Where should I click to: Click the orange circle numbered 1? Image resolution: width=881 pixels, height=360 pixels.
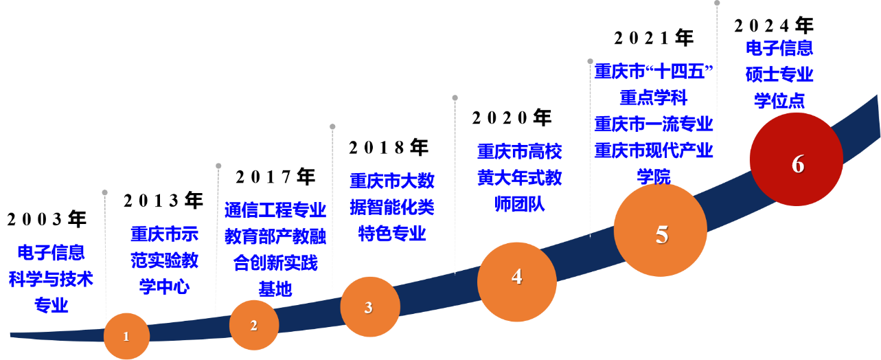point(126,336)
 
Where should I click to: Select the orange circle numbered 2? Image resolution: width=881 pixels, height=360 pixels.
point(254,325)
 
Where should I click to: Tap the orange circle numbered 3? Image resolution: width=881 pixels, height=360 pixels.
point(369,307)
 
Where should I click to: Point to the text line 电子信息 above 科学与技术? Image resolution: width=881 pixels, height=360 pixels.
point(52,253)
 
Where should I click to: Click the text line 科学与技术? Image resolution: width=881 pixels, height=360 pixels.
point(52,279)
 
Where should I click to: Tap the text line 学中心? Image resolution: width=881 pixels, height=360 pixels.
point(164,286)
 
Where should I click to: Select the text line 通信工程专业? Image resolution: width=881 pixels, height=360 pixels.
point(275,210)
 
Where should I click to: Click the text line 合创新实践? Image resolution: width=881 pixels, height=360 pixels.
point(275,262)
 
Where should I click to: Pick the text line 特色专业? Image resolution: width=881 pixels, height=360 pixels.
point(392,233)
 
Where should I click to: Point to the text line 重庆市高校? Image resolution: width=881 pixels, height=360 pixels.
point(520,151)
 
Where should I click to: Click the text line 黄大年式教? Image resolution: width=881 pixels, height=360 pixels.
point(520,178)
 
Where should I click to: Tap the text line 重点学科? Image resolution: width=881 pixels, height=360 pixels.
point(653,98)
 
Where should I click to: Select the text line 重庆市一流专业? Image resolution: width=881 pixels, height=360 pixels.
point(653,124)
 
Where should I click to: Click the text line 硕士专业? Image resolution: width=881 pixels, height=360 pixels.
point(779,74)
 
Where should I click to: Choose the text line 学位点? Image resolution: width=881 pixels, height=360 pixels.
point(779,101)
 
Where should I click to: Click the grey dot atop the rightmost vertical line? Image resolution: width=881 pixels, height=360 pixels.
point(717,3)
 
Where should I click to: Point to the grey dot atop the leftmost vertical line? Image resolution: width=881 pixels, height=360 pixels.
point(104,192)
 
